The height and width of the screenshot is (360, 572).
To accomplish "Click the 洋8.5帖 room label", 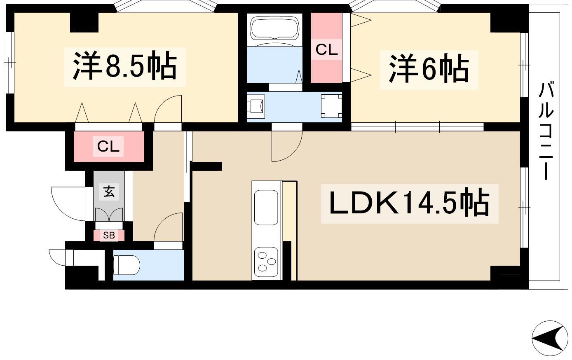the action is click(125, 66).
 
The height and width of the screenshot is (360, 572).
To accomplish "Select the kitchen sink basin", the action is click(266, 207).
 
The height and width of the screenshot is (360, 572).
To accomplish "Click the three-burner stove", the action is click(266, 262).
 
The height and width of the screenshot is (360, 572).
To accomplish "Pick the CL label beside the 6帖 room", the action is click(327, 49).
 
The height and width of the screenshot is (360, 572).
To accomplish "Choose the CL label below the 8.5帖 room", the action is click(108, 146).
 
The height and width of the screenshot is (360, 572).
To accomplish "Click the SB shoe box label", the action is click(109, 235).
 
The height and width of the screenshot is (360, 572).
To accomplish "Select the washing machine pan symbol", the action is click(331, 106).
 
